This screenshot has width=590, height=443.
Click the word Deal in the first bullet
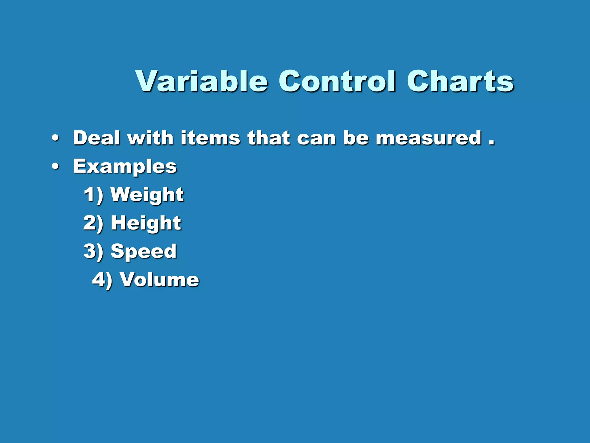click(97, 138)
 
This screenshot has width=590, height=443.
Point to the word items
click(210, 138)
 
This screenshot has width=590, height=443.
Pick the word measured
click(429, 138)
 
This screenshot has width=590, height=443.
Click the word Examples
click(125, 167)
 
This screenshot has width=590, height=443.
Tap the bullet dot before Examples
click(55, 166)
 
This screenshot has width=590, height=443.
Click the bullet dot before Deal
click(55, 138)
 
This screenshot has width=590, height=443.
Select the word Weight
click(147, 195)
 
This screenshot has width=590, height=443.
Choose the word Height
click(146, 223)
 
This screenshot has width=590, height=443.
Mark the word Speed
click(143, 251)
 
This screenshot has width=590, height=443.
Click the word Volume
click(159, 279)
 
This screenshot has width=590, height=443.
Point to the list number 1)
click(93, 195)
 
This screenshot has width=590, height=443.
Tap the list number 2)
click(93, 223)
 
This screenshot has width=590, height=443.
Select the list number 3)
click(93, 251)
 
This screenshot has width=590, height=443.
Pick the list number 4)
click(102, 279)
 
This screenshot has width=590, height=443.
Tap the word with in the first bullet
click(150, 138)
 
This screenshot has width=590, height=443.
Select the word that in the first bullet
click(268, 138)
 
